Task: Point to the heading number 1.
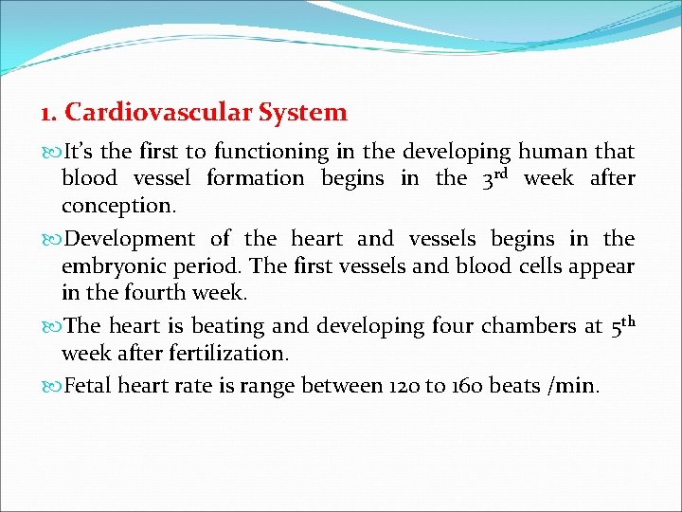[48, 114]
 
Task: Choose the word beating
[228, 326]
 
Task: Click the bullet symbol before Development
[51, 239]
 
